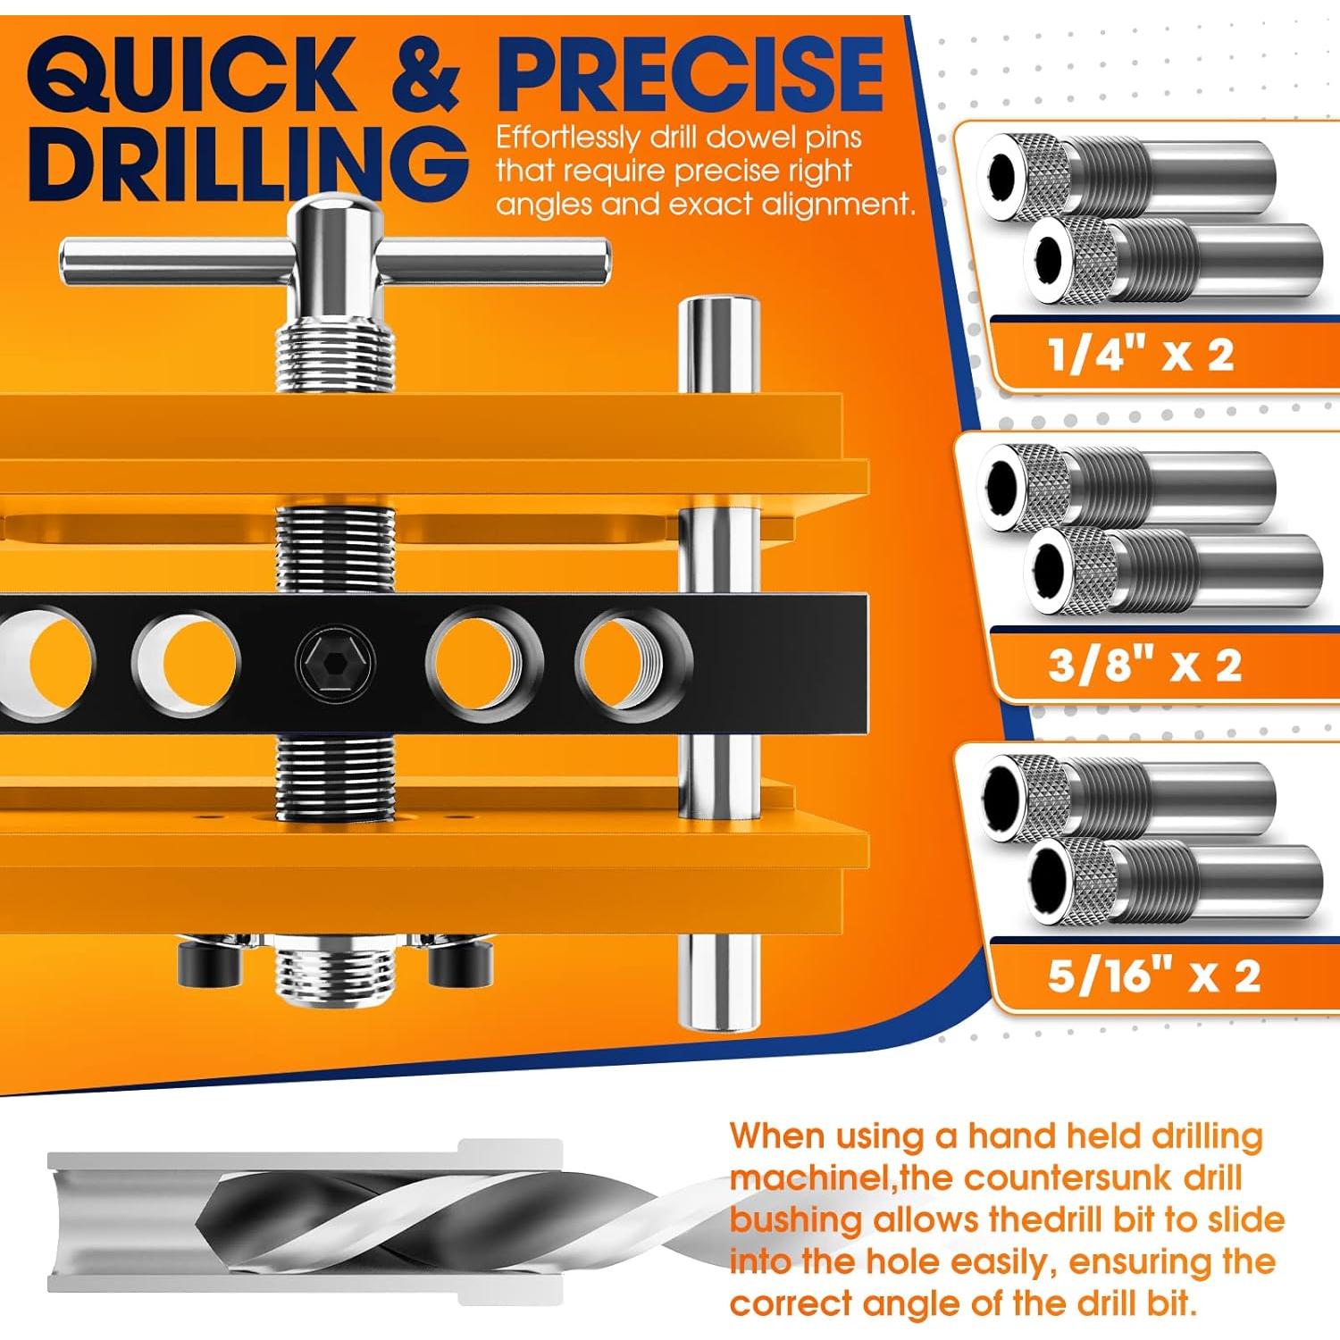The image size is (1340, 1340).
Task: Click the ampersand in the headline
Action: (x=425, y=75)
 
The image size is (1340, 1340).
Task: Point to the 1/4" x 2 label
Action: (x=1141, y=355)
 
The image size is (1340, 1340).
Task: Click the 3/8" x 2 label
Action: (x=1144, y=666)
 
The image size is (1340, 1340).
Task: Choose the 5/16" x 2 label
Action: (x=1153, y=976)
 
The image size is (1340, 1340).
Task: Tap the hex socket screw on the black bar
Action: (x=335, y=663)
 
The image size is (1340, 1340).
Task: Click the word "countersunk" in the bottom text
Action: (x=1067, y=1178)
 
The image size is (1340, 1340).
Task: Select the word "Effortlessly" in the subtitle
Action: (x=567, y=138)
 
